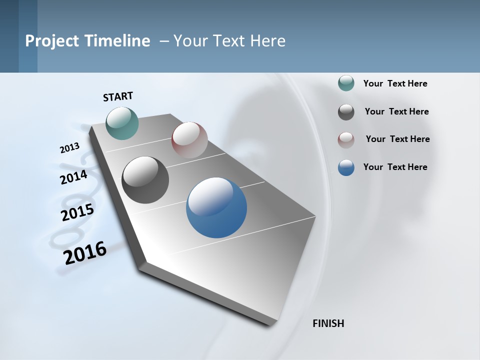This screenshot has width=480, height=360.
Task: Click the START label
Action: coord(118,96)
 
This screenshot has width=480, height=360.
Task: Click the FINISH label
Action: coord(328,323)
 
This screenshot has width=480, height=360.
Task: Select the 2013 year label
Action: coord(69,148)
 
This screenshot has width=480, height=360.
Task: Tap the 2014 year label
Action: coord(73,177)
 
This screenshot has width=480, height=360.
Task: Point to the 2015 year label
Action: coord(77,212)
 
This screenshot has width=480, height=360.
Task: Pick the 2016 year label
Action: coord(85,252)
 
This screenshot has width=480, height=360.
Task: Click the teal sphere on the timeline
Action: coord(122,123)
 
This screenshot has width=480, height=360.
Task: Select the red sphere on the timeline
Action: coord(189,140)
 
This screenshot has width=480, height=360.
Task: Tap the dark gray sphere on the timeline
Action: coord(145,180)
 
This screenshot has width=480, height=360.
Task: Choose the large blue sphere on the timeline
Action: coord(216,207)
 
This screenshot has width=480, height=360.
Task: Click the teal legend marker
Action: coord(346,83)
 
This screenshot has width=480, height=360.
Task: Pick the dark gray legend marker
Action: coord(346,112)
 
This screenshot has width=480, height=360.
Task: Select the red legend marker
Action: coord(346,139)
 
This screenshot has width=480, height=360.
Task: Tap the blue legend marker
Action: coord(346,167)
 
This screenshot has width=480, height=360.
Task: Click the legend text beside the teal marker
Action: coord(395,83)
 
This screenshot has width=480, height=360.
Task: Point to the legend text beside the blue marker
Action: coord(395,167)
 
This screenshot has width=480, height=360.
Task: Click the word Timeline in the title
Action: coord(118,41)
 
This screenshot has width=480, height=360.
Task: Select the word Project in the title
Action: coord(48,41)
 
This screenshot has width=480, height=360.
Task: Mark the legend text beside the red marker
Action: coord(397,139)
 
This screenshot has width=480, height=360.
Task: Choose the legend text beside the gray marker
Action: coord(396,111)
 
